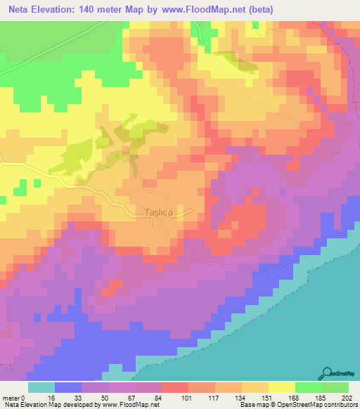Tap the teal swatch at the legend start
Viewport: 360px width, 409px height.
point(41,387)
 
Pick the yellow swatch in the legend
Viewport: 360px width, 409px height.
point(282,387)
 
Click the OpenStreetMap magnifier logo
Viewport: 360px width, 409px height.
point(328,373)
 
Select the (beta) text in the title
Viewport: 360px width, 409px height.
point(257,10)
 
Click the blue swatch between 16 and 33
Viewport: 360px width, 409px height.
point(68,387)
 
